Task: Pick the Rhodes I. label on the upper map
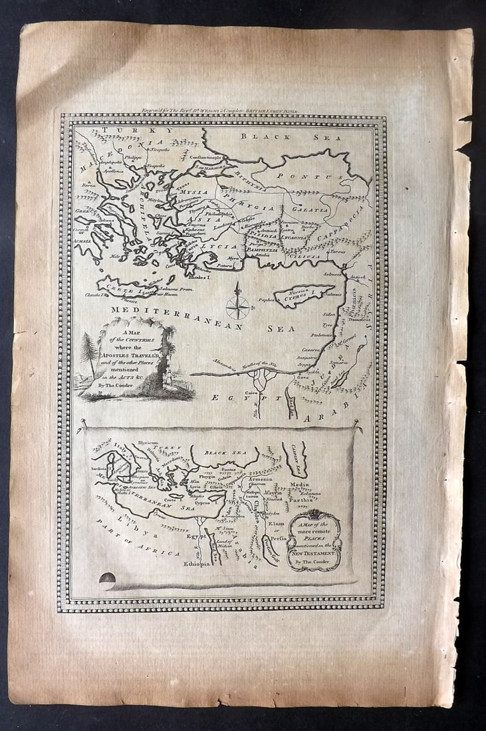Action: [211, 276]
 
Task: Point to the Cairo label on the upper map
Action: [251, 393]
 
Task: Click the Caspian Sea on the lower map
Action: [295, 458]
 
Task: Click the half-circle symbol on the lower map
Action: [106, 577]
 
